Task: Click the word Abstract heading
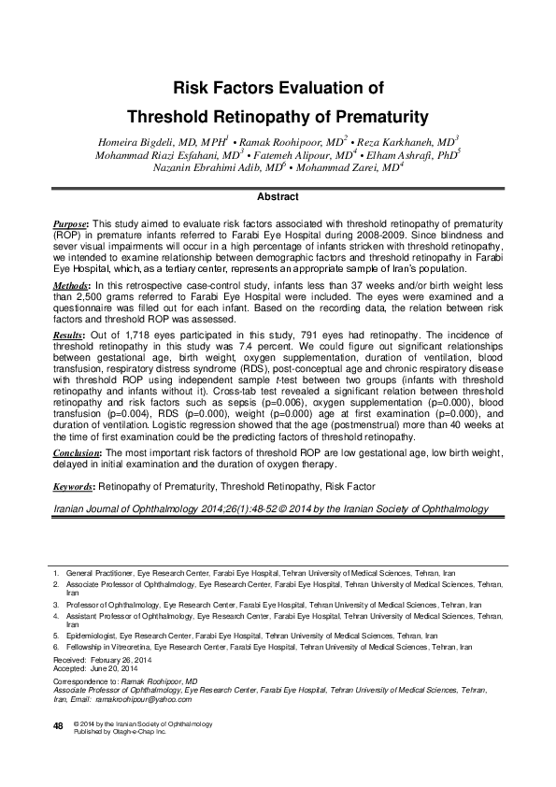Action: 278,197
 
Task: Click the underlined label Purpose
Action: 70,226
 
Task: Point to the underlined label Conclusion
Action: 77,454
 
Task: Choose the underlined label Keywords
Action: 73,487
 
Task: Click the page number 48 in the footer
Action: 57,725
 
